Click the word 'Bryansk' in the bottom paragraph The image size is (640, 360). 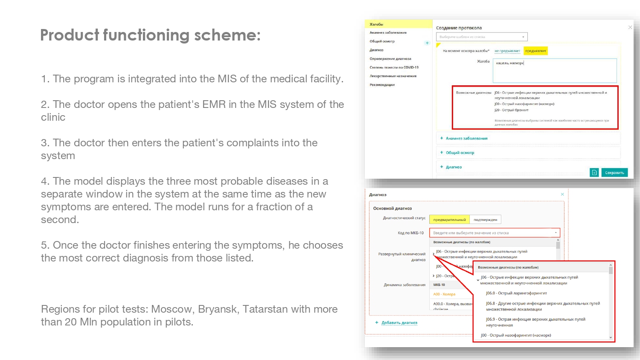217,309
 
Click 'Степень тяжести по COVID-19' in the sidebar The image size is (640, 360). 394,67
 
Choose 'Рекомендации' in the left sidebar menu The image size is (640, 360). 382,85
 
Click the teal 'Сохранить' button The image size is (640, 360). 614,173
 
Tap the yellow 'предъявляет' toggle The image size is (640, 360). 535,51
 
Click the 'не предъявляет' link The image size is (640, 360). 507,51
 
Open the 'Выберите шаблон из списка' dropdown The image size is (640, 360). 482,37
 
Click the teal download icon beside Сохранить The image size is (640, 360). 594,173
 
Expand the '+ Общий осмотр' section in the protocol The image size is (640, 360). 460,153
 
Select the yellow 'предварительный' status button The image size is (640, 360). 449,220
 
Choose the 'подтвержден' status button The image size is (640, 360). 485,220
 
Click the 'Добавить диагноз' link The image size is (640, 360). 399,323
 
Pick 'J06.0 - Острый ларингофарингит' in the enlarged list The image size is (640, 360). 516,293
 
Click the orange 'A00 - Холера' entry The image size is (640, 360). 444,294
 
